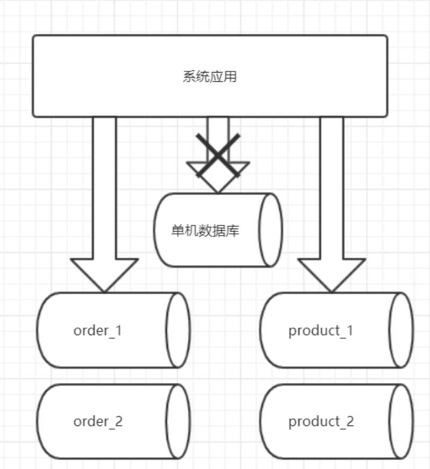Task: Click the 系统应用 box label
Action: (210, 76)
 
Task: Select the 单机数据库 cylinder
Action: (217, 230)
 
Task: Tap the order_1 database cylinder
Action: (113, 330)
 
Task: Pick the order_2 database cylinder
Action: (113, 421)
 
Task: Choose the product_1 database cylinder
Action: (336, 330)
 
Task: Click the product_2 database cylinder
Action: (336, 421)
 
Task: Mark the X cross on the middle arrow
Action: (217, 155)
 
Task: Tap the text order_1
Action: (97, 330)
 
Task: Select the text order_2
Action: (98, 421)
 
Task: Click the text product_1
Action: (321, 330)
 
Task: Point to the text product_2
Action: (321, 421)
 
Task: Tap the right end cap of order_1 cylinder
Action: (178, 330)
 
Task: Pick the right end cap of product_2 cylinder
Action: (401, 421)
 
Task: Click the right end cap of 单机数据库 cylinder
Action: (271, 230)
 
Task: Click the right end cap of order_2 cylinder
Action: (178, 421)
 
